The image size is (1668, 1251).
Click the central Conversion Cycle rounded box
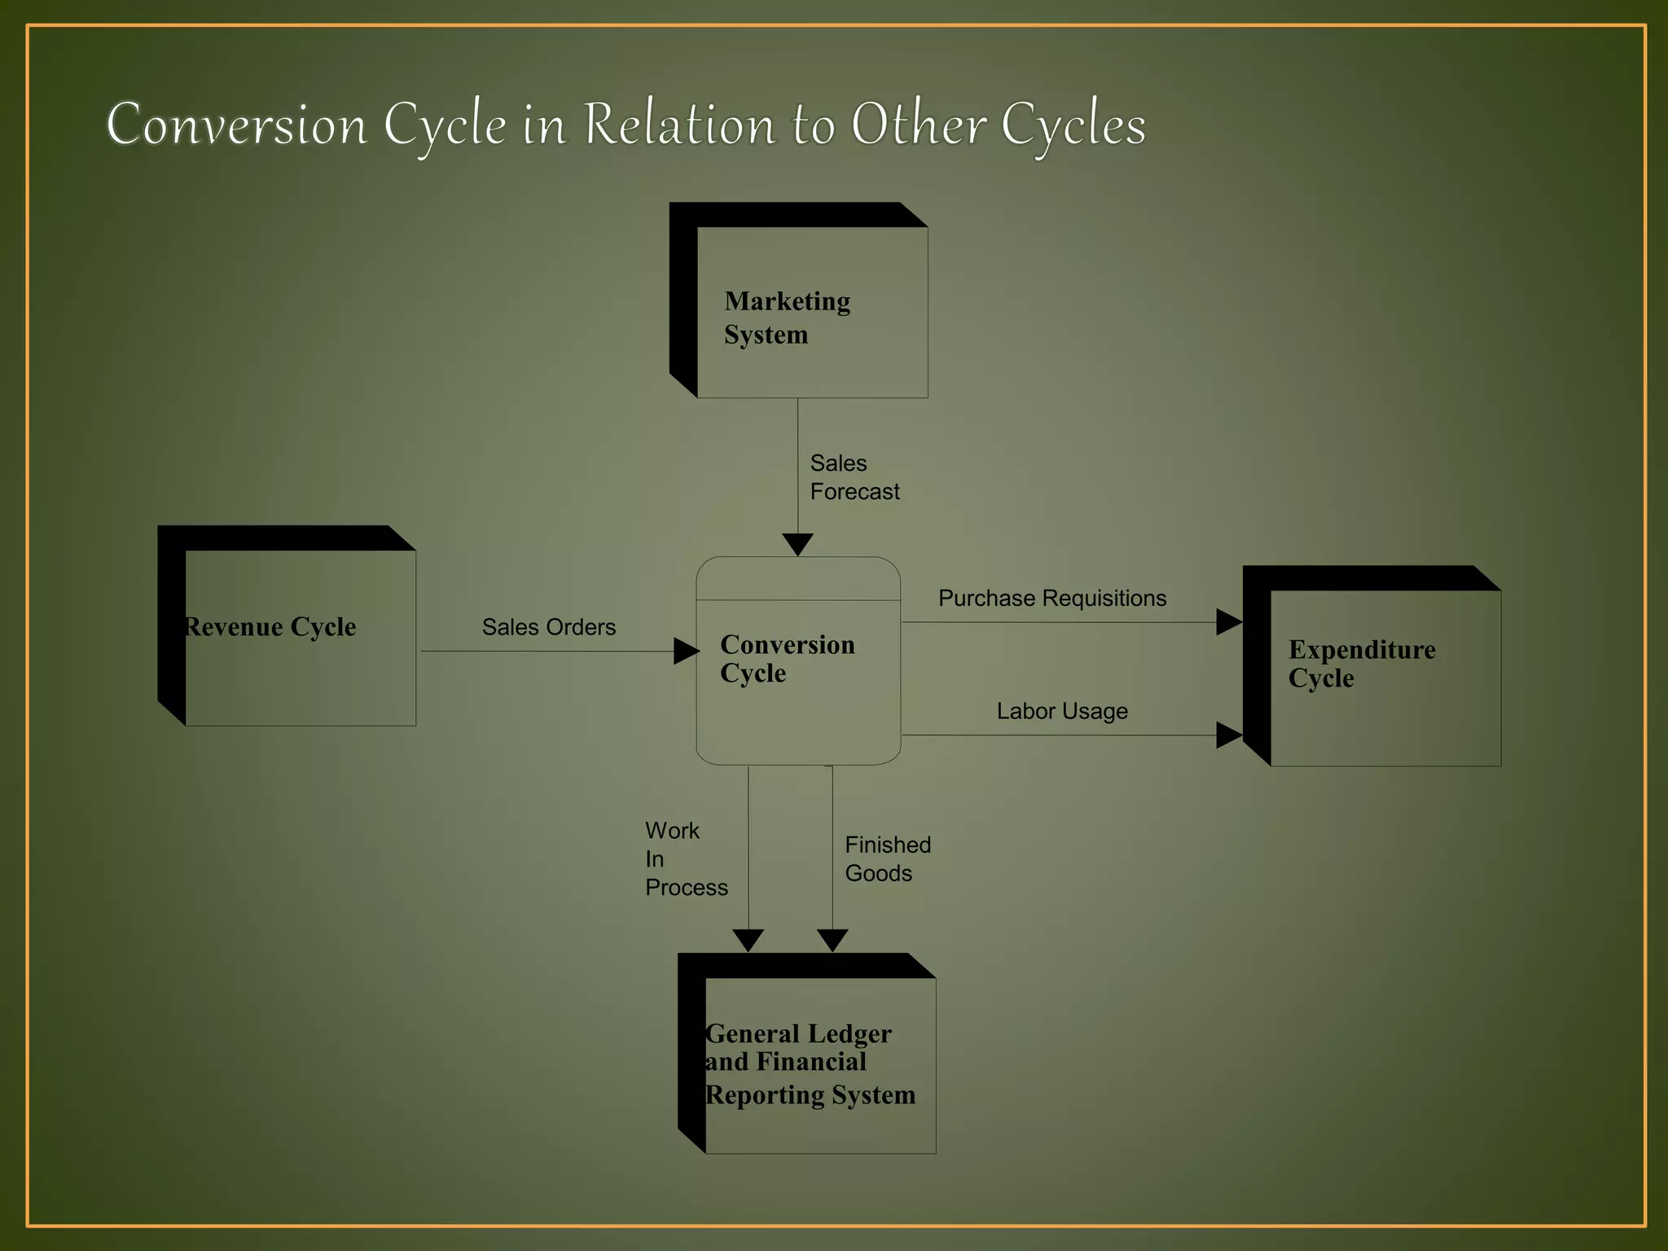point(798,661)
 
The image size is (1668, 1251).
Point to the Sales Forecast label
point(854,477)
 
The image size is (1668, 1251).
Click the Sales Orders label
point(549,627)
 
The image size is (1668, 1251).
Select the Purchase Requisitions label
point(1052,599)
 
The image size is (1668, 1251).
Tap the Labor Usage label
point(1062,711)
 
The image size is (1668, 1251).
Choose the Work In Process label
point(686,859)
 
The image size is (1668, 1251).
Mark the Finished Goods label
point(888,859)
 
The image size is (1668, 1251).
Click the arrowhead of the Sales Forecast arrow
point(797,544)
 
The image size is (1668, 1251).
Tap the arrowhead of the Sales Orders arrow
point(686,651)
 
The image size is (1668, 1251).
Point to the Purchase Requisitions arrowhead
point(1228,622)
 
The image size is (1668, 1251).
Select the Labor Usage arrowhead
point(1228,735)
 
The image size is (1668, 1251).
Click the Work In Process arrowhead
point(748,940)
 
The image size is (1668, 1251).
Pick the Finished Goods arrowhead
point(832,940)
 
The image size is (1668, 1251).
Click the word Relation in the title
point(680,125)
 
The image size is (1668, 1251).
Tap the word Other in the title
point(919,125)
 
